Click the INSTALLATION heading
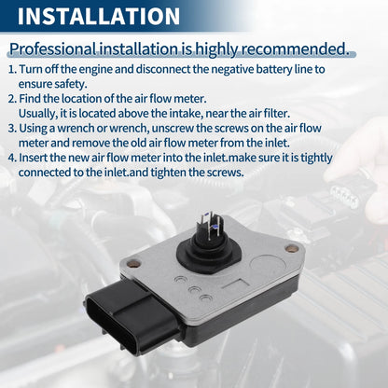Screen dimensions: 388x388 tap(99, 16)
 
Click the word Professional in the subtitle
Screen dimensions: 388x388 tap(53, 49)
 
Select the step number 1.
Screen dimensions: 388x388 tap(12, 69)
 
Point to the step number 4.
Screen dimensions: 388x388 tap(12, 158)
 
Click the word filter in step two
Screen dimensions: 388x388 tap(275, 113)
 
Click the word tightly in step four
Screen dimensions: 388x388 tap(316, 159)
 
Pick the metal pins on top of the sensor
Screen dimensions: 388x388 tap(211, 227)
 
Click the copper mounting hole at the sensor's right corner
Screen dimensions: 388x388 tap(292, 248)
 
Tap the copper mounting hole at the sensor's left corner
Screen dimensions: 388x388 tap(133, 264)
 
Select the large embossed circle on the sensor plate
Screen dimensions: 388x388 tap(267, 265)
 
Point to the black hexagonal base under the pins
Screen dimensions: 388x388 tap(205, 255)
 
